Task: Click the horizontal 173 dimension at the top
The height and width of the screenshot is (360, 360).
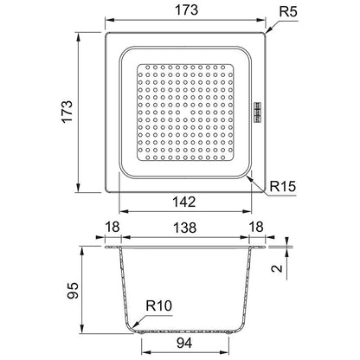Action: coord(187,10)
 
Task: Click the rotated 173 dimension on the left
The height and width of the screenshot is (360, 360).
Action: coord(67,112)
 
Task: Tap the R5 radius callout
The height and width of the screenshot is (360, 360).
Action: coord(288,12)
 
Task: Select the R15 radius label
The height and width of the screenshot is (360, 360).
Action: coord(283,186)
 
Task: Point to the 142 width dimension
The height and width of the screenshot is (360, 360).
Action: coord(184,202)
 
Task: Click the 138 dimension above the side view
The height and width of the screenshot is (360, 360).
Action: coord(184,228)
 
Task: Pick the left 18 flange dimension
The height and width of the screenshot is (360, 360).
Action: coord(112,227)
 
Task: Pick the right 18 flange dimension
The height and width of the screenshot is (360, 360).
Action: coord(256,227)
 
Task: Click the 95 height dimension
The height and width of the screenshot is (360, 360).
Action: coord(73,290)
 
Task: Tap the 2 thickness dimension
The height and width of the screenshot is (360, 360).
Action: coord(277,268)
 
